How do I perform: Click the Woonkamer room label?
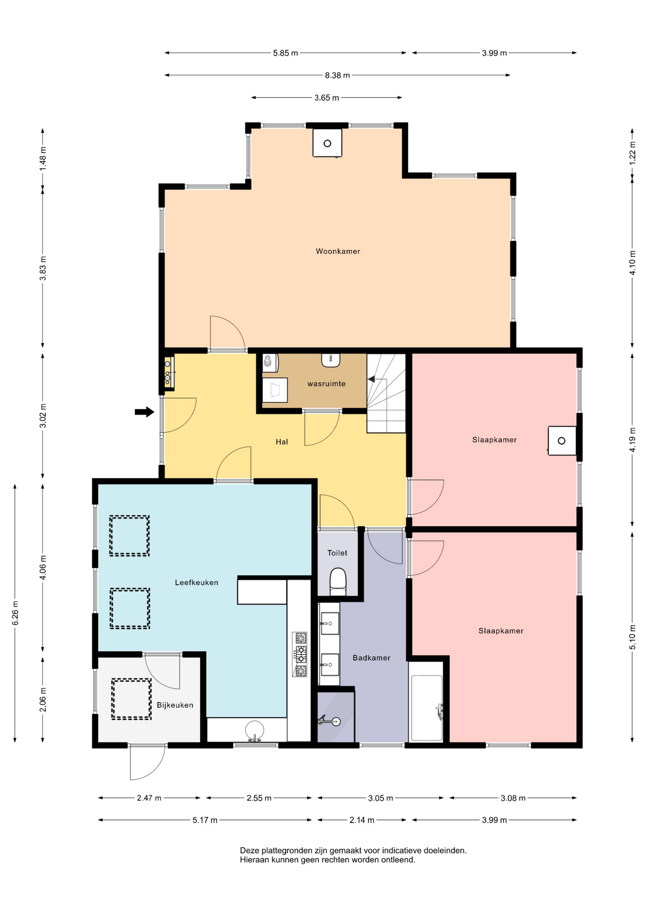[x=338, y=251]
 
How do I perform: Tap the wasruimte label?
[x=326, y=384]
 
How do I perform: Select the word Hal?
[x=282, y=442]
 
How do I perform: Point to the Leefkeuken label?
[x=196, y=582]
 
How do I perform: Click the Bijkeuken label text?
[x=175, y=705]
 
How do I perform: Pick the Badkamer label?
[x=371, y=658]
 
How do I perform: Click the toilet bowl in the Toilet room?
[x=338, y=581]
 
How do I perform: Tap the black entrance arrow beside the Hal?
[x=144, y=412]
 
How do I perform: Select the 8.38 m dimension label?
[x=337, y=75]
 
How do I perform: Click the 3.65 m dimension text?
[x=326, y=98]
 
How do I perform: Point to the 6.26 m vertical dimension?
[x=15, y=613]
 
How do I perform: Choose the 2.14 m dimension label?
[x=362, y=820]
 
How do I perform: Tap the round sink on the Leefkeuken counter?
[x=254, y=730]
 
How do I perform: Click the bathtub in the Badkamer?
[x=427, y=708]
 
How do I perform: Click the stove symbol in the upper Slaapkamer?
[x=562, y=441]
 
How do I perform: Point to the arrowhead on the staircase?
[x=371, y=379]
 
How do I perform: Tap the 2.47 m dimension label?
[x=149, y=798]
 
